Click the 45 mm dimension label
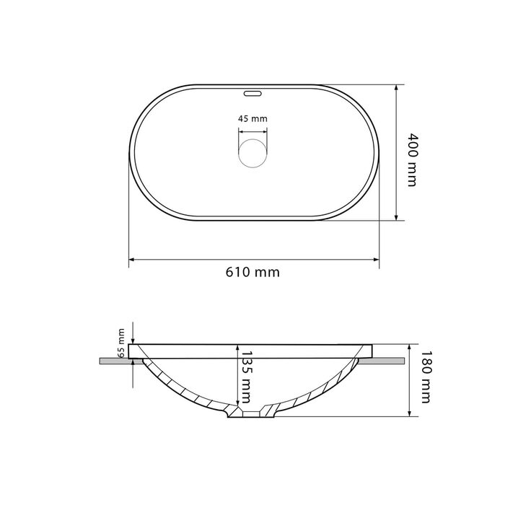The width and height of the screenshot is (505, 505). pyautogui.click(x=252, y=119)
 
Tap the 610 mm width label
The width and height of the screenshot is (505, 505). pyautogui.click(x=252, y=272)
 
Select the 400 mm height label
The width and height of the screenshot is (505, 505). pyautogui.click(x=412, y=159)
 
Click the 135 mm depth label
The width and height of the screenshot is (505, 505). pyautogui.click(x=247, y=377)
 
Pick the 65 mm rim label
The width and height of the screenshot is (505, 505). pyautogui.click(x=121, y=343)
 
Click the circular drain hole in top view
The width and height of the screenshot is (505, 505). pyautogui.click(x=252, y=153)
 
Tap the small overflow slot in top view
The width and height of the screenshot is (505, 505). pyautogui.click(x=252, y=94)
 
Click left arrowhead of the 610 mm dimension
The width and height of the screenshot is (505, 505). pyautogui.click(x=131, y=259)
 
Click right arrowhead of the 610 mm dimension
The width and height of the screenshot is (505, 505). pyautogui.click(x=376, y=259)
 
